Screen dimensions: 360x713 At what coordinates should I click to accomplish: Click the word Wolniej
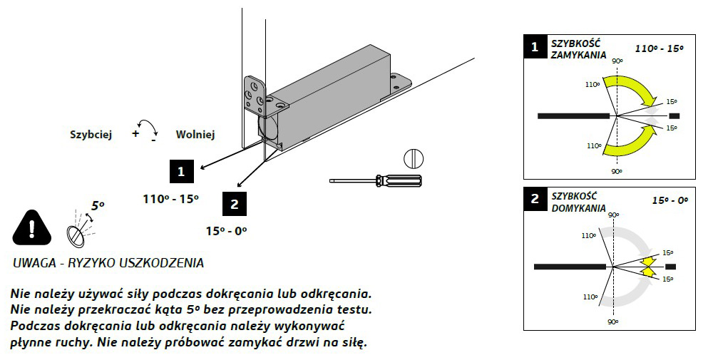click(x=195, y=134)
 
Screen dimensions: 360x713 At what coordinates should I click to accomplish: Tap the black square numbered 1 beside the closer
click(x=182, y=171)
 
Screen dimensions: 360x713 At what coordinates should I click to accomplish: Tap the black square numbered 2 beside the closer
click(x=235, y=204)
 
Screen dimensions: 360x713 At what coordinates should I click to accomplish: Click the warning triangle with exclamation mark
click(x=31, y=228)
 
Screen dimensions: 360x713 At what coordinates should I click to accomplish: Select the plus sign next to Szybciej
click(x=135, y=133)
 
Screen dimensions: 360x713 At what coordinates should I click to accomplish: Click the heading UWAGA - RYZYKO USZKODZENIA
click(x=108, y=263)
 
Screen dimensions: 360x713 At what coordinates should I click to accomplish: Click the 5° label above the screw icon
click(x=98, y=205)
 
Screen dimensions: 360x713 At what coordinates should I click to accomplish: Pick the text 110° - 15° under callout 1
click(x=170, y=200)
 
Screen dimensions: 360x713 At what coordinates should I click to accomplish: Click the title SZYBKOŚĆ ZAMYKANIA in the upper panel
click(x=578, y=49)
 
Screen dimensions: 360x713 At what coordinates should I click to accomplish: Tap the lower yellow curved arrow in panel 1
click(x=631, y=144)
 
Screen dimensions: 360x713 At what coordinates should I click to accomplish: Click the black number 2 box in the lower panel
click(x=535, y=199)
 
